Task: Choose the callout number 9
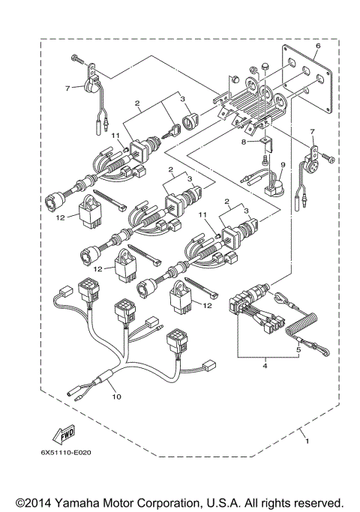coord(283,165)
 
